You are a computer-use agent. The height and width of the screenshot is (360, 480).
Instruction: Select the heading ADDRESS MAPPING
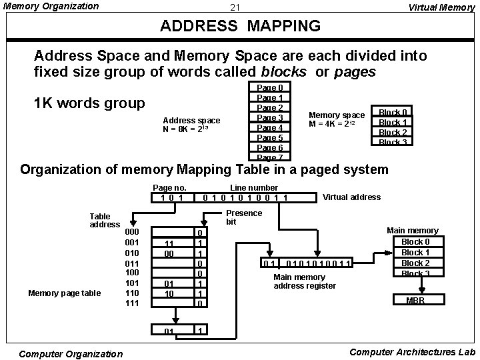point(241,27)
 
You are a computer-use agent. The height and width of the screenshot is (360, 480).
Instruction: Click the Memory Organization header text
point(51,7)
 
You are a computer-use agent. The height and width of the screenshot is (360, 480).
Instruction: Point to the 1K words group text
point(89,103)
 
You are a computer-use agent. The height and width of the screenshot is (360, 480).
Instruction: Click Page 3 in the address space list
point(270,118)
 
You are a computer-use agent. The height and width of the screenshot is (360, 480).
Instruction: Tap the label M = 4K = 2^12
point(336,125)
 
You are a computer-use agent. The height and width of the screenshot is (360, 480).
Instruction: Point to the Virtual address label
point(351,197)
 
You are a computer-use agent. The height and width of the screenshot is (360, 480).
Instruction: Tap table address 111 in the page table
point(133,303)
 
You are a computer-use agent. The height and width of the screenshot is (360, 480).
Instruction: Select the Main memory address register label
point(304,282)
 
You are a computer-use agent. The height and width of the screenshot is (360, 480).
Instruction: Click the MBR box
point(415,300)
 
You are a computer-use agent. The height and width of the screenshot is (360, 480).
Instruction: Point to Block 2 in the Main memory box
point(415,263)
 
